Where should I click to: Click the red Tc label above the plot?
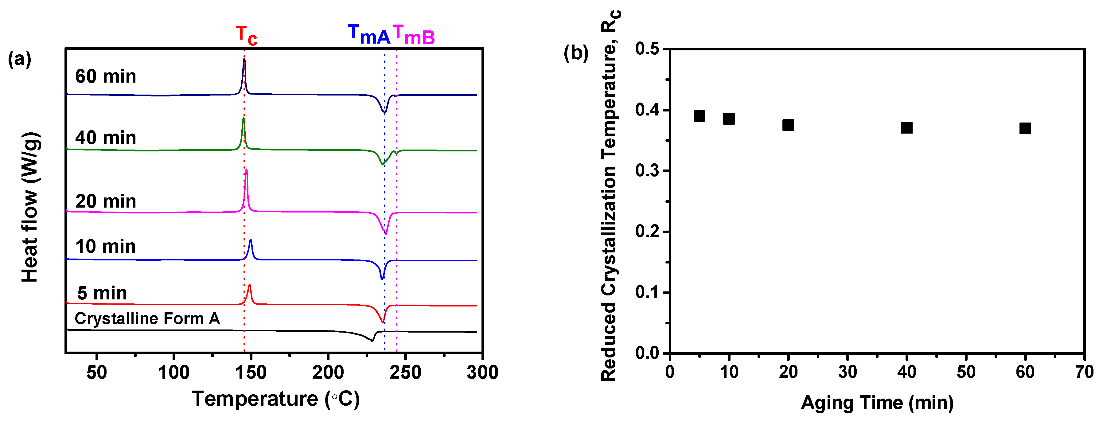click(x=246, y=35)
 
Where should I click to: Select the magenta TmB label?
click(x=414, y=35)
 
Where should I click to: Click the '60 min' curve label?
click(x=105, y=76)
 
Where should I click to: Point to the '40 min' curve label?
click(x=105, y=138)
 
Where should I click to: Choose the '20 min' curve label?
click(x=105, y=201)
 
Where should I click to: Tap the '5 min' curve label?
click(x=102, y=293)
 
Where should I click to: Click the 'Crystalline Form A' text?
click(x=147, y=318)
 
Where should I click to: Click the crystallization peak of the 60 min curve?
click(x=244, y=60)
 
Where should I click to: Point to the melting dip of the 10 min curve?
click(x=382, y=278)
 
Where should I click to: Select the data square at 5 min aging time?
click(x=699, y=116)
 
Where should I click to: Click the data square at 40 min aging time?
click(x=906, y=127)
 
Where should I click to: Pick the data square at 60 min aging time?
click(x=1025, y=128)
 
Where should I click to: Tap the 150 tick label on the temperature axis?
click(x=251, y=372)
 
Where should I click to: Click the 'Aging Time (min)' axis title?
click(x=877, y=403)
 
